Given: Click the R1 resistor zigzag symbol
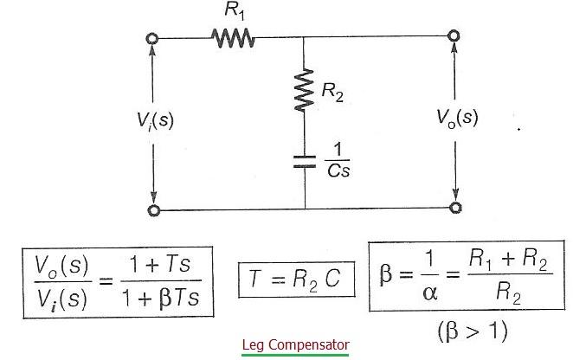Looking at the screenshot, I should coord(232,38).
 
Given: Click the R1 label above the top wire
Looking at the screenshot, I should coord(231,12).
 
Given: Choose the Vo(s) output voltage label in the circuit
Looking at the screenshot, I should coord(456,118).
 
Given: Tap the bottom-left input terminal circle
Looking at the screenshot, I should coord(154,209).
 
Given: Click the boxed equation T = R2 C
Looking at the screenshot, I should coord(297,279).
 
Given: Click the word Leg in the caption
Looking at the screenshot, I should coord(254,344).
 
